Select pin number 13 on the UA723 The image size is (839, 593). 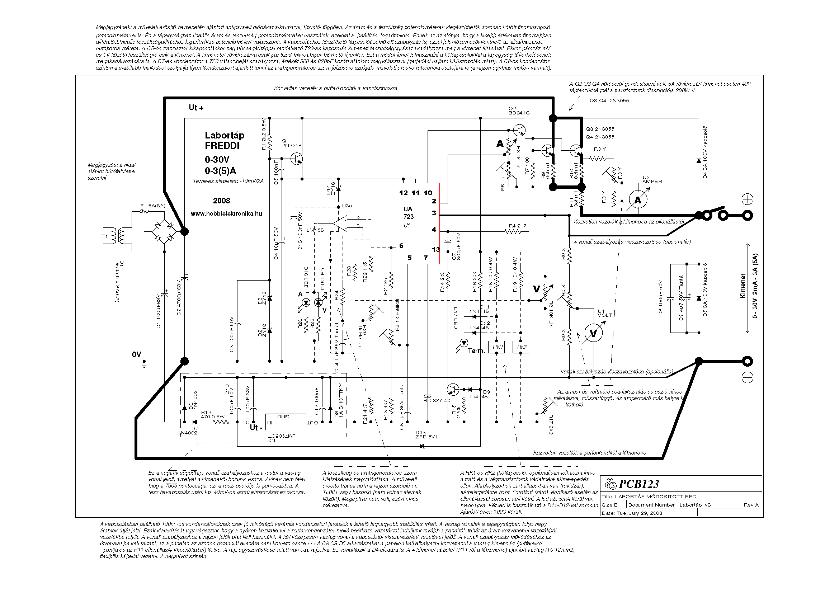[x=435, y=250]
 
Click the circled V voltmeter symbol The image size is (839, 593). [x=593, y=333]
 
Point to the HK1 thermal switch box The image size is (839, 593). [x=498, y=347]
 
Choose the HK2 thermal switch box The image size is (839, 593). [x=522, y=347]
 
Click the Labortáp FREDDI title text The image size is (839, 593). [x=224, y=140]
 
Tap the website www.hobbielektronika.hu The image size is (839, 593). [x=226, y=214]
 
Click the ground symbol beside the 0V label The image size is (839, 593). [x=144, y=364]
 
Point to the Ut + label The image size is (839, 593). [x=196, y=107]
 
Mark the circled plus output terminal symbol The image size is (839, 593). [x=748, y=199]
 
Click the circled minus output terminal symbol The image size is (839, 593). [x=748, y=378]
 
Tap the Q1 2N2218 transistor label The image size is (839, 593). [x=292, y=143]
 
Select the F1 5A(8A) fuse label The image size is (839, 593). [x=153, y=206]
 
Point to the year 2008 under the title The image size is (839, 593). [x=221, y=201]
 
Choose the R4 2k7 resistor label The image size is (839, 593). [x=518, y=226]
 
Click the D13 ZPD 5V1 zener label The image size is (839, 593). [x=426, y=434]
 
